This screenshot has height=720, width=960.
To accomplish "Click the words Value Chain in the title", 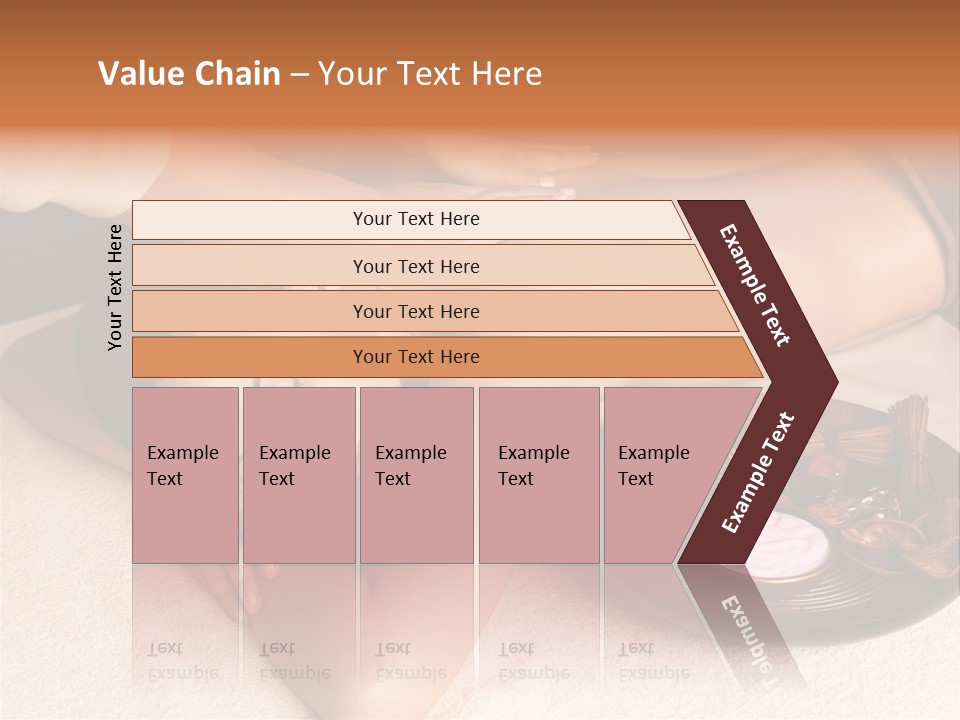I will [x=189, y=74].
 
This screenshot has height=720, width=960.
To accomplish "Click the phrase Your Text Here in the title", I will [x=429, y=74].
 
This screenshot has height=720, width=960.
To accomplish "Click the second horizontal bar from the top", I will [x=415, y=266].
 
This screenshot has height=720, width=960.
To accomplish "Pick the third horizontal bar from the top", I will [x=415, y=311].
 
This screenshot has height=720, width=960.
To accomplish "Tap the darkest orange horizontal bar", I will [x=415, y=357].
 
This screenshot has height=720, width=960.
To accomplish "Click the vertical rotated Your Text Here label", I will [x=115, y=287].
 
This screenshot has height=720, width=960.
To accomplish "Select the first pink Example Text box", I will [x=185, y=474].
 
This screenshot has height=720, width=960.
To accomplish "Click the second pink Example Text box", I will [x=298, y=474].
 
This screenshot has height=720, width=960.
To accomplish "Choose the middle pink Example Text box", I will [x=416, y=474].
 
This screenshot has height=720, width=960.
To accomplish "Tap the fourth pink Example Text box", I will [x=538, y=474].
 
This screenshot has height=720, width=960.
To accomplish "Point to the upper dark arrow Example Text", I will [x=755, y=285].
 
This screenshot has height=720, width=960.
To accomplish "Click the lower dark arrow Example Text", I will [x=757, y=473].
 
